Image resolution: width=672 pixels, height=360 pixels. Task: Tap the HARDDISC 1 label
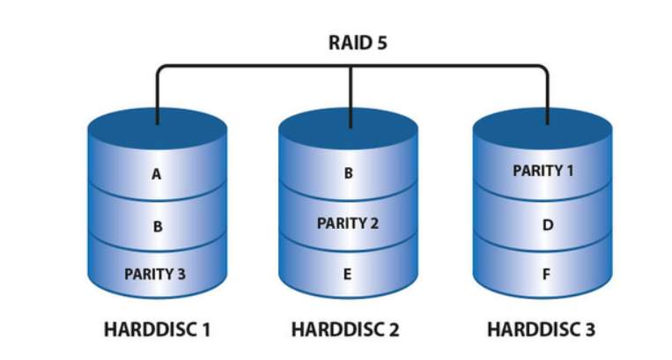click(x=157, y=331)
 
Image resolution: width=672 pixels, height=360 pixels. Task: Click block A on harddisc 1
click(x=157, y=174)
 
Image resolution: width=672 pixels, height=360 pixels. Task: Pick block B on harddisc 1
click(x=157, y=226)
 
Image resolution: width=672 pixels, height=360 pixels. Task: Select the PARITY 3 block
click(x=155, y=273)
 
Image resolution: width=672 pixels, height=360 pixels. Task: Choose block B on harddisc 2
click(x=348, y=173)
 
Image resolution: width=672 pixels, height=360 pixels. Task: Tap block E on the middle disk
click(x=348, y=273)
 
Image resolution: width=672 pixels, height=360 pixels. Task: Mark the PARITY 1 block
click(x=543, y=170)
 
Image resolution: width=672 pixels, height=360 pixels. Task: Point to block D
click(x=546, y=225)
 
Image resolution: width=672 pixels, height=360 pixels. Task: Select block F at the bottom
click(x=546, y=274)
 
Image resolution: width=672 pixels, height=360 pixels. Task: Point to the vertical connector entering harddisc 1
click(x=158, y=97)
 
